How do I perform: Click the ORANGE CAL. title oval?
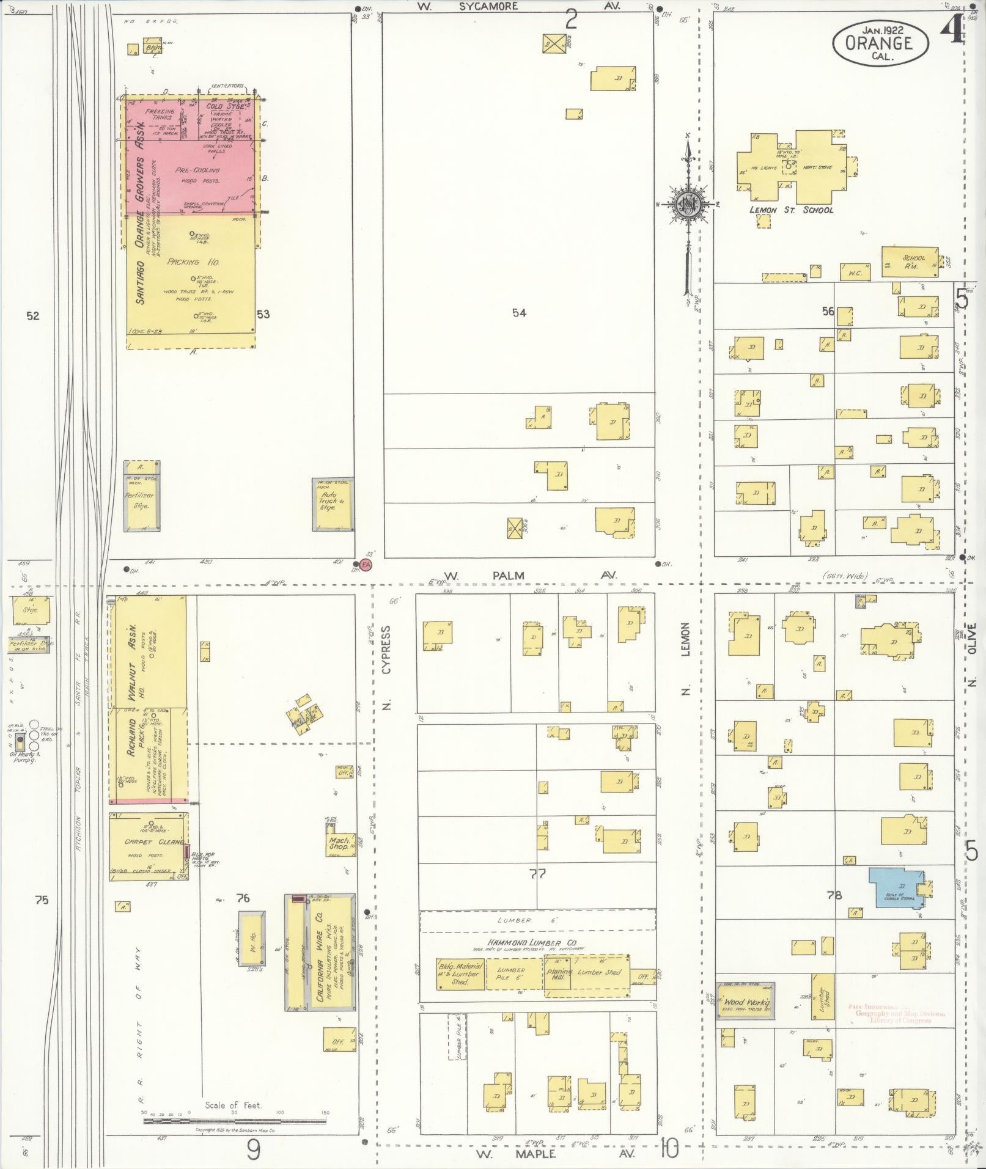pyautogui.click(x=880, y=43)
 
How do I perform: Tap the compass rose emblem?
pyautogui.click(x=687, y=205)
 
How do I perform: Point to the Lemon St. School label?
pyautogui.click(x=791, y=210)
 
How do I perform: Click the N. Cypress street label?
pyautogui.click(x=386, y=668)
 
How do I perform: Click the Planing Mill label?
pyautogui.click(x=559, y=975)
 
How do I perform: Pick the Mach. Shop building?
pyautogui.click(x=340, y=844)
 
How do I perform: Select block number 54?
pyautogui.click(x=519, y=313)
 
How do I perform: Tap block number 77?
pyautogui.click(x=538, y=874)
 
